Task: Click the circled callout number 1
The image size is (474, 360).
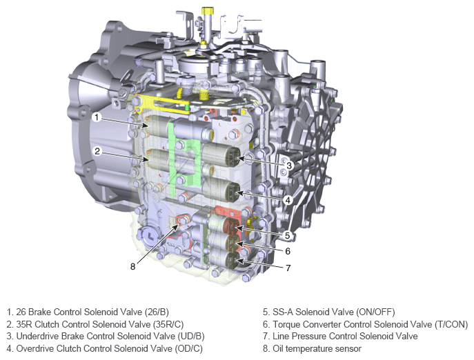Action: [97, 117]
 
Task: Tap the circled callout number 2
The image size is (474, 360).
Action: [97, 151]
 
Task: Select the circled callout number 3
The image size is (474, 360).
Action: [289, 166]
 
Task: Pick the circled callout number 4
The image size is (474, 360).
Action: [288, 200]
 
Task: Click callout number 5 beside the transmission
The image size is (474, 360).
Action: [288, 235]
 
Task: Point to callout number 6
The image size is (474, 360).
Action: [288, 251]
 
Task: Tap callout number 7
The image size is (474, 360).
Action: [288, 268]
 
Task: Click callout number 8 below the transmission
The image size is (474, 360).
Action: [132, 267]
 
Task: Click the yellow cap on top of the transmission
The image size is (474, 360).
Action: [208, 11]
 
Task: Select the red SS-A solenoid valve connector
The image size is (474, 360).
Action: [231, 226]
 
